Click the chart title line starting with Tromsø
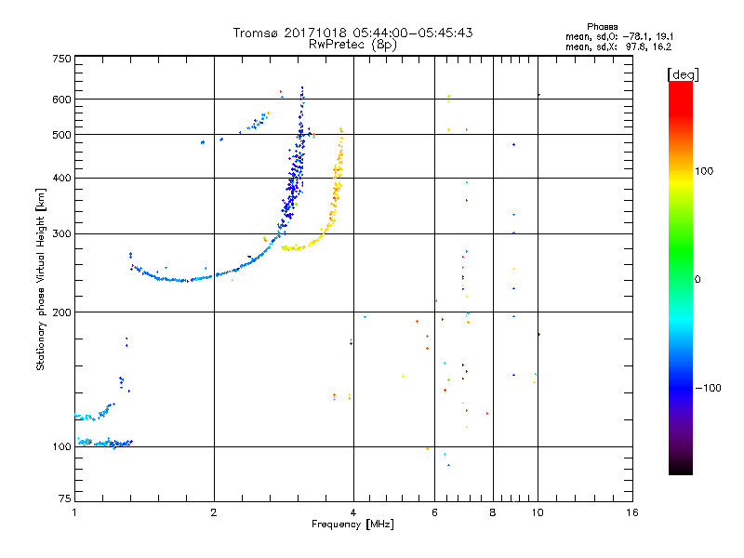tap(352, 33)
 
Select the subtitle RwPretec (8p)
tap(352, 44)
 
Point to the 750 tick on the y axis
tap(61, 59)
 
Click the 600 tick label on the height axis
tap(61, 100)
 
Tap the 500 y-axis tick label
tap(61, 135)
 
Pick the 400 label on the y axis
tap(61, 179)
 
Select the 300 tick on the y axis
tap(61, 234)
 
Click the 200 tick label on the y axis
tap(61, 312)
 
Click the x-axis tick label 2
tap(214, 512)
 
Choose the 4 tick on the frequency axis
tap(353, 512)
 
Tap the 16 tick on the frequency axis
tap(631, 512)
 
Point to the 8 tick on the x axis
tap(493, 512)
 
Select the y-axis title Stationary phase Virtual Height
tap(42, 279)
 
